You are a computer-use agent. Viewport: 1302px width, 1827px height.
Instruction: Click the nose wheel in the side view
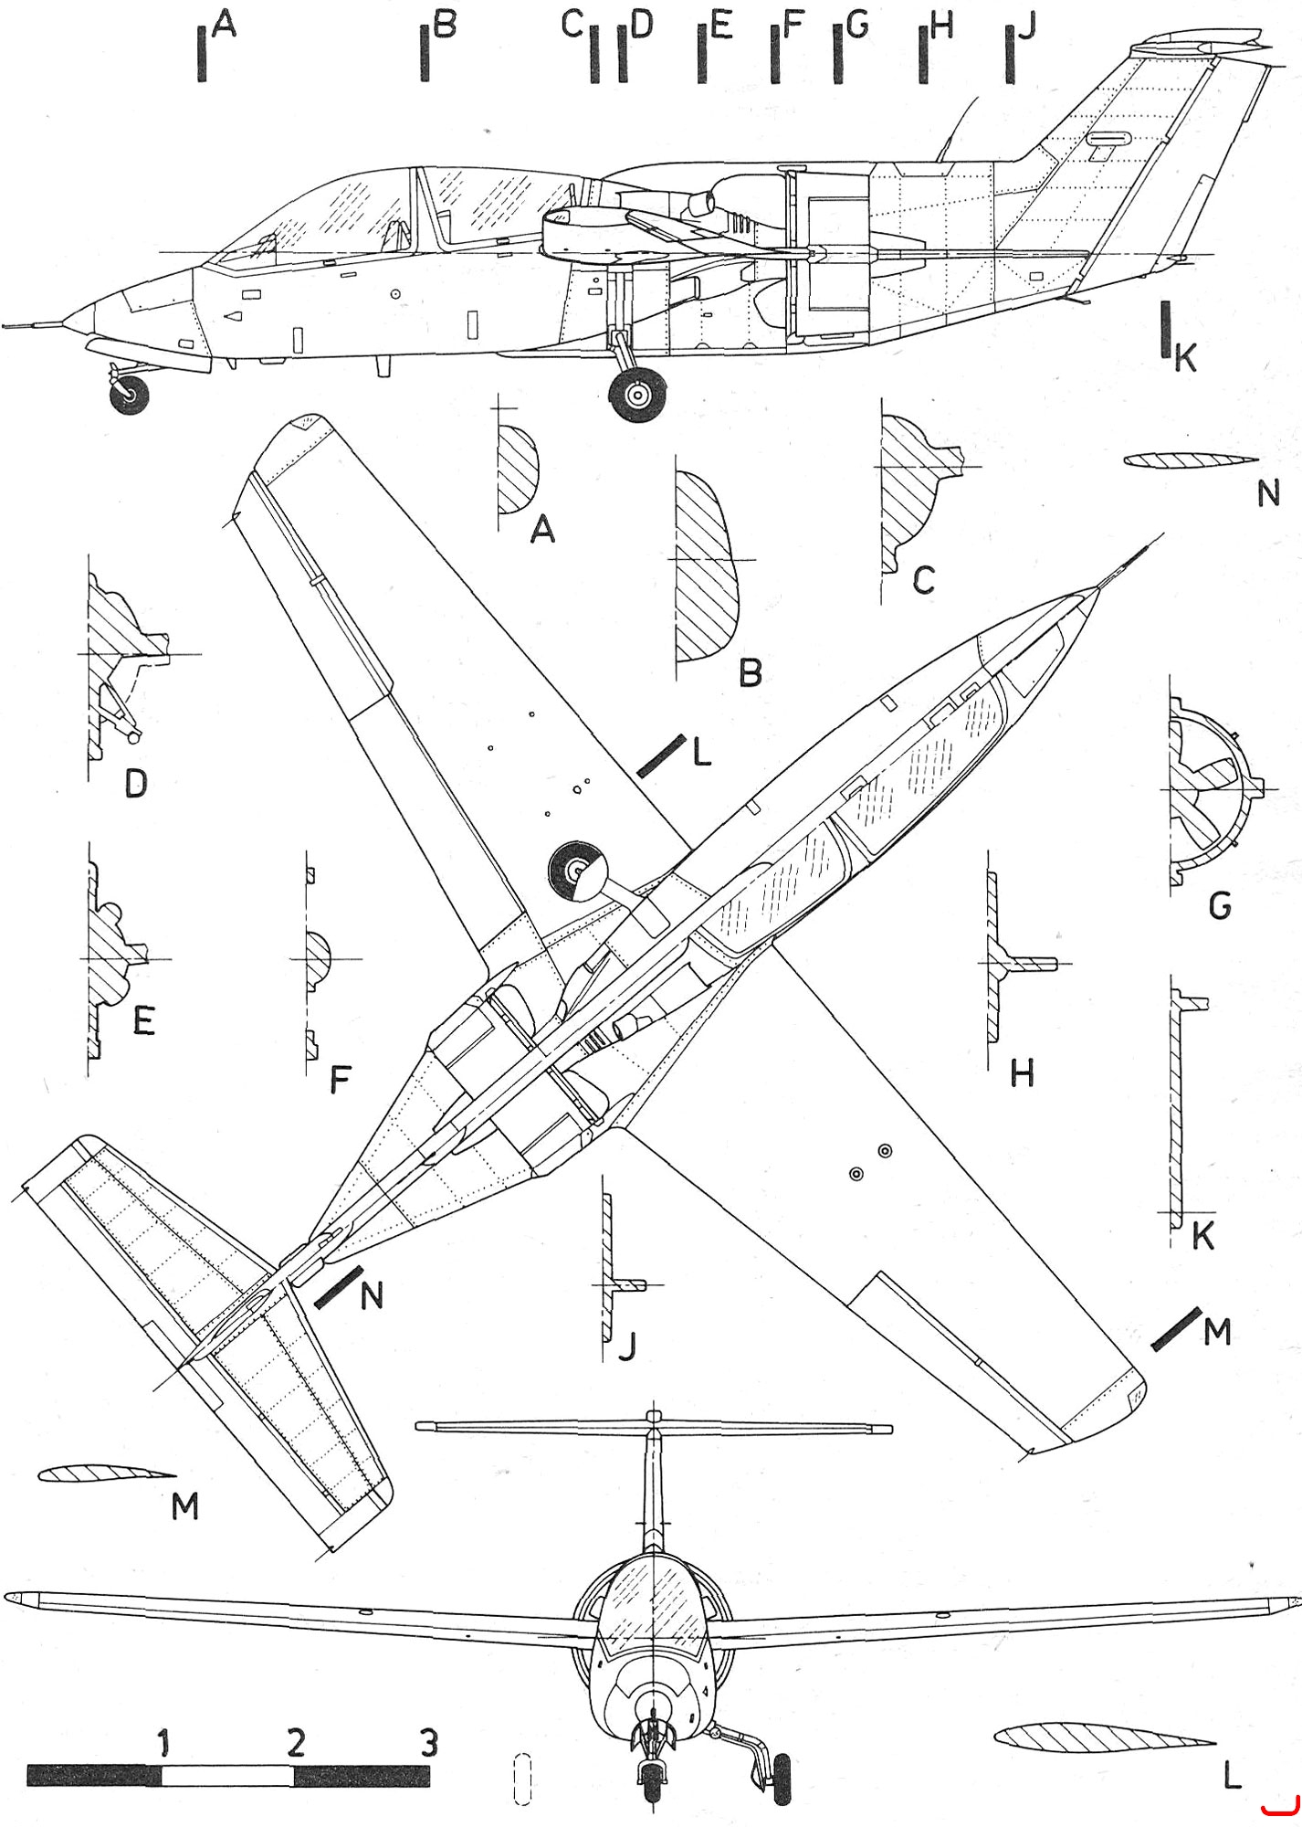(x=131, y=394)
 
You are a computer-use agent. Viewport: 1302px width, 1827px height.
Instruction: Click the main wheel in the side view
(x=638, y=395)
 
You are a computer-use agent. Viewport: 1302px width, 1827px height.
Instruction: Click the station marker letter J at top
(x=1026, y=26)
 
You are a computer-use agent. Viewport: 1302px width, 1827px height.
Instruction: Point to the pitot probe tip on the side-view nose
(x=5, y=324)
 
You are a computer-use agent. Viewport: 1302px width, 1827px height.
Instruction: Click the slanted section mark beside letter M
(x=1176, y=1328)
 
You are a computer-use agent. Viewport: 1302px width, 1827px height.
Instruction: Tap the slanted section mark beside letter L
(x=661, y=755)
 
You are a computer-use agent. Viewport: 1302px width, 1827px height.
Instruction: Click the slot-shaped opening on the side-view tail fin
(x=1108, y=138)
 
